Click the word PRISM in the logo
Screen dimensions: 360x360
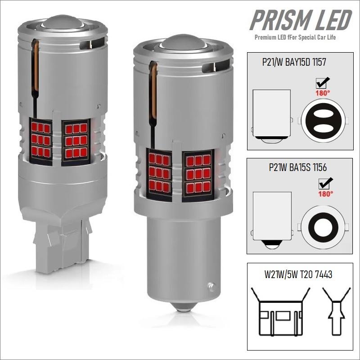click(276, 21)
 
